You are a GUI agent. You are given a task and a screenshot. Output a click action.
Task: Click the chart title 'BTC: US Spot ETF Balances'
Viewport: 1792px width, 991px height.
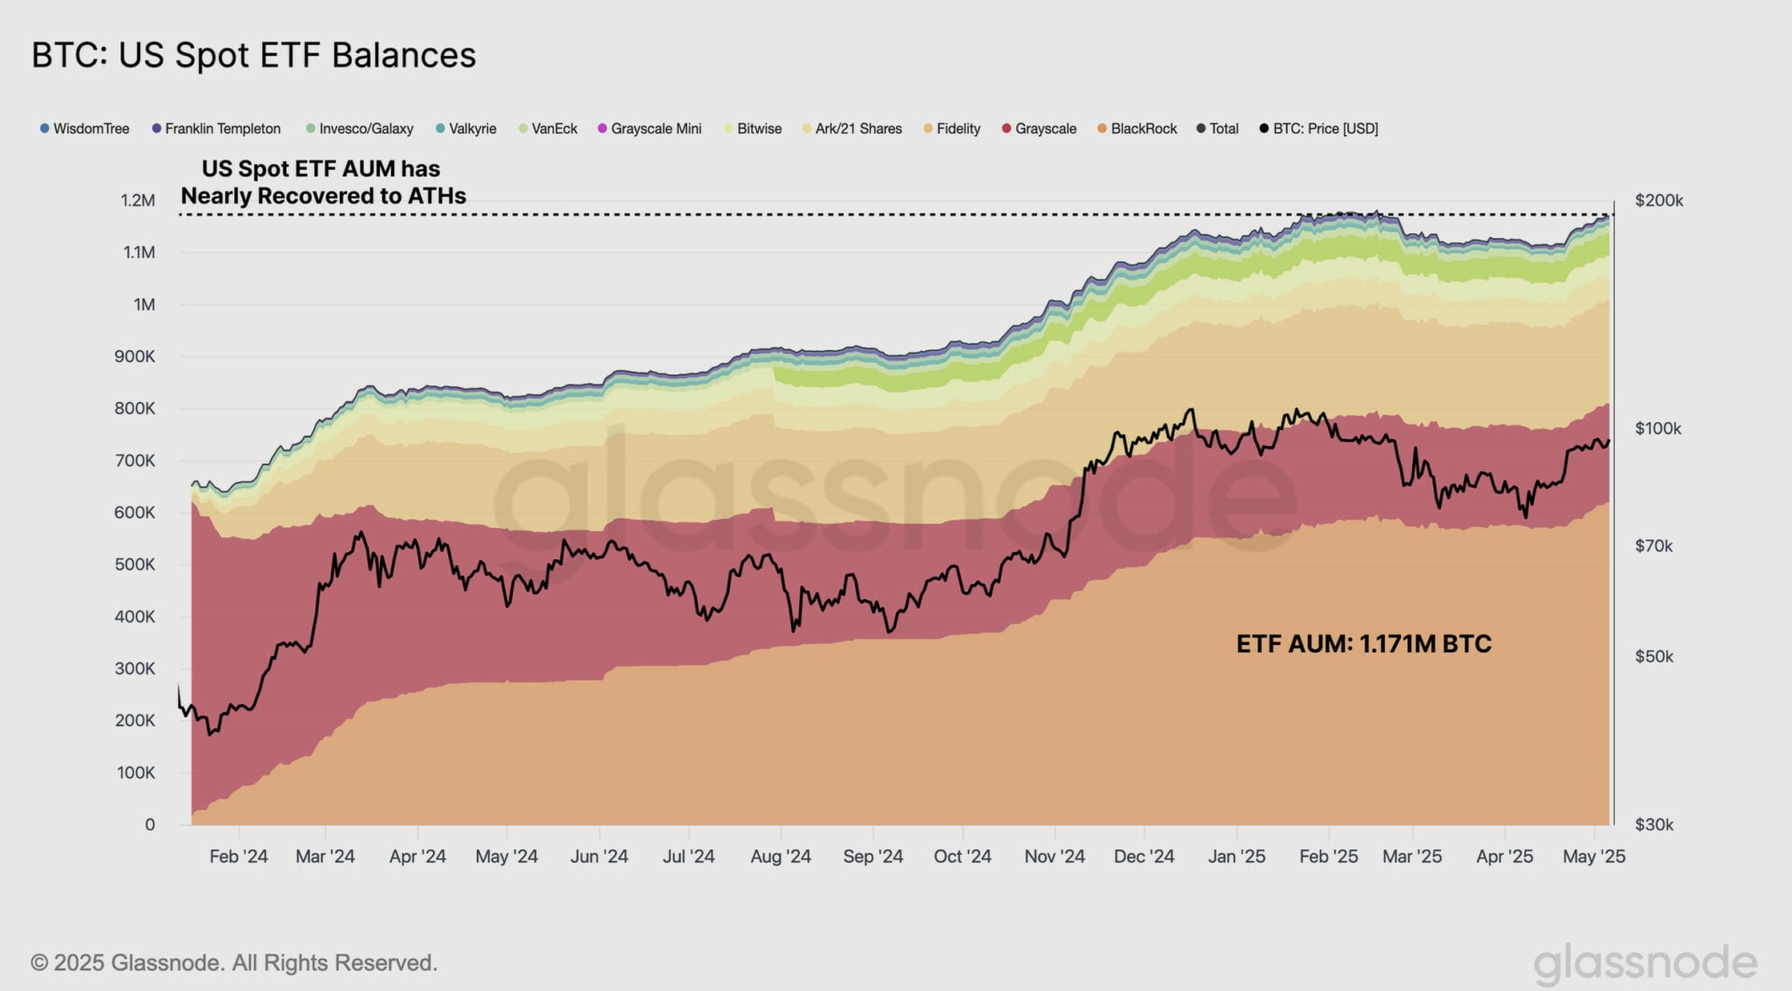click(x=254, y=55)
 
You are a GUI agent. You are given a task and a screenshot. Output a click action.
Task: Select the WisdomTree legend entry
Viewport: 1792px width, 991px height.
click(x=85, y=129)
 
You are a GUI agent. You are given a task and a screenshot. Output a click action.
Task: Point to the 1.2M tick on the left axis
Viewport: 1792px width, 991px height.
click(x=138, y=201)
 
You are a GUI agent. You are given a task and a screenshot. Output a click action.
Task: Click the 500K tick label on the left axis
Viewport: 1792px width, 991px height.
click(x=135, y=565)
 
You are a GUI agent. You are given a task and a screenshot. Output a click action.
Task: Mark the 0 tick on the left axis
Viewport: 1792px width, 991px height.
click(x=149, y=825)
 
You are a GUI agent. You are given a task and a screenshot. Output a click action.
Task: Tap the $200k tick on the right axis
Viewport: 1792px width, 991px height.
click(x=1659, y=201)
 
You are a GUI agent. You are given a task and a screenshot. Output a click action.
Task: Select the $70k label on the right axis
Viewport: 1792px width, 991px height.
click(x=1654, y=546)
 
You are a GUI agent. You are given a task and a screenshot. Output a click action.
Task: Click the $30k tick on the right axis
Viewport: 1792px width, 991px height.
click(x=1654, y=825)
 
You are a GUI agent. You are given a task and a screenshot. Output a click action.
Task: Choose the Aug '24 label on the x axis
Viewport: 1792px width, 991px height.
click(x=780, y=857)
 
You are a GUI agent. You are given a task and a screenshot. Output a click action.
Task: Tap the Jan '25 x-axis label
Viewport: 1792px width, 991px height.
click(x=1237, y=857)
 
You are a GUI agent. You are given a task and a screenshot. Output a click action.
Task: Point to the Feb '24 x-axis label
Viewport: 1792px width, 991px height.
click(x=238, y=857)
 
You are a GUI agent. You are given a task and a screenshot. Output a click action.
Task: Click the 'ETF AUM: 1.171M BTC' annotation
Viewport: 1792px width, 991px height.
click(x=1364, y=644)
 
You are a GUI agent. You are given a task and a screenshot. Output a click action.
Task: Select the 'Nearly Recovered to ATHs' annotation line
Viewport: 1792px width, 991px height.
click(x=323, y=196)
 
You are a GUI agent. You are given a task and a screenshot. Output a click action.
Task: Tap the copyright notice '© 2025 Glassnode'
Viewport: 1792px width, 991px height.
click(x=233, y=963)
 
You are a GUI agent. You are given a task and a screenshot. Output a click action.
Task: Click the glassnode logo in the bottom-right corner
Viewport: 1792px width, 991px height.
click(x=1645, y=963)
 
